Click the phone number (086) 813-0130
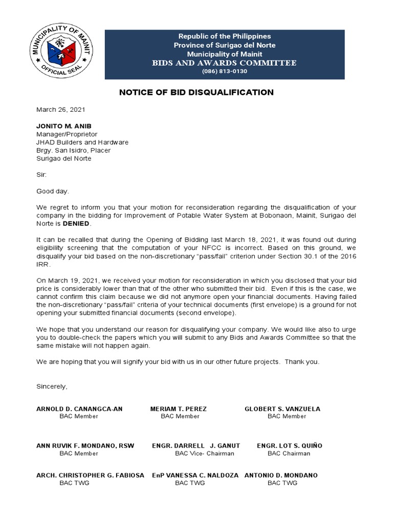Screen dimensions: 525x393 [225, 71]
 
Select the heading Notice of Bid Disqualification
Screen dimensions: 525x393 [196, 92]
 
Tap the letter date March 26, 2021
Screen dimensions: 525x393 [60, 110]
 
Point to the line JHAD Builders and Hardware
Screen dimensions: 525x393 [82, 142]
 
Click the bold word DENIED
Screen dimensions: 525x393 [77, 224]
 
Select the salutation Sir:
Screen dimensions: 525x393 [41, 175]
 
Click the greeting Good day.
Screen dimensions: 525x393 [52, 191]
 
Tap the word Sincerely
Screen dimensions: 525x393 [52, 386]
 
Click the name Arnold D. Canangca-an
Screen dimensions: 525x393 [79, 409]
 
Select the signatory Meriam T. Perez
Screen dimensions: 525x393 [179, 409]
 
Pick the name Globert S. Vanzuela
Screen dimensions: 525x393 [282, 409]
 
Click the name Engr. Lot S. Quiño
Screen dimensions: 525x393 [290, 446]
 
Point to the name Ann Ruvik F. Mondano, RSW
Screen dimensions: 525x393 [85, 446]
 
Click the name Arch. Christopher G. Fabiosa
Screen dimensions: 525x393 [90, 475]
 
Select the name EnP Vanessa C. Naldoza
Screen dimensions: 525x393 [195, 475]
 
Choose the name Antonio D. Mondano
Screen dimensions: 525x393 [281, 475]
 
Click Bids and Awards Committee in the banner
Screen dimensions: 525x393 [225, 63]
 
